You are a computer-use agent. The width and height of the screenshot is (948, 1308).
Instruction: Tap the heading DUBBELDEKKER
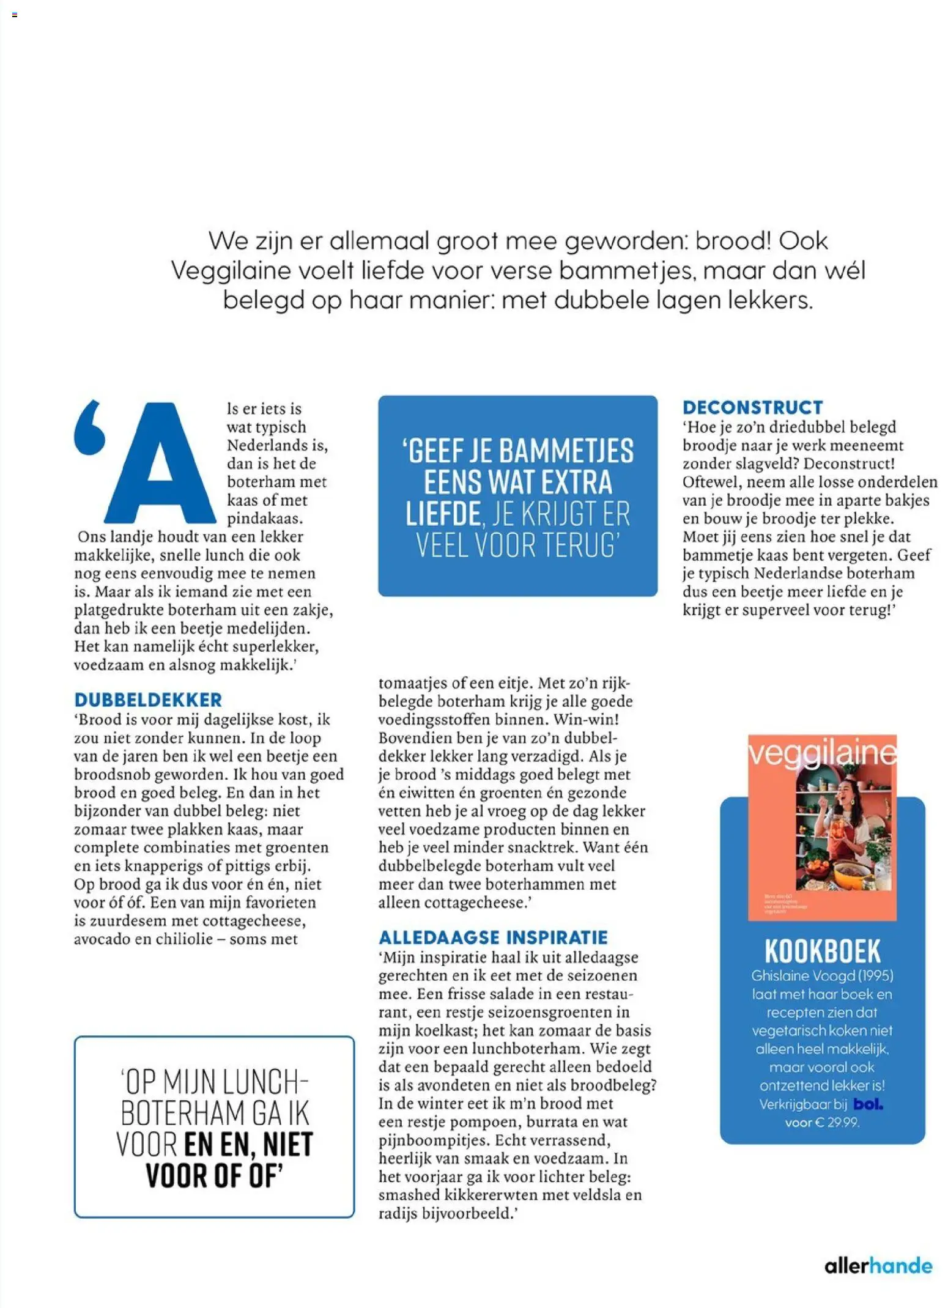pos(148,700)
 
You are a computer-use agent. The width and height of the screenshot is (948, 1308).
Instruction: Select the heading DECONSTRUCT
pos(752,408)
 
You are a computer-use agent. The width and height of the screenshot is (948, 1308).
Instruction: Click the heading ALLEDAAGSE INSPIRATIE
pos(493,938)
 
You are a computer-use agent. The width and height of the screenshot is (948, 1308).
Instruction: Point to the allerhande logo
pos(878,1265)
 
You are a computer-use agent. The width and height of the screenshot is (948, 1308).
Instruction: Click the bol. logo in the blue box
pos(867,1104)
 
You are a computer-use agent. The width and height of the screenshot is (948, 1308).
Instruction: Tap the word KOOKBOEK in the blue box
pos(823,951)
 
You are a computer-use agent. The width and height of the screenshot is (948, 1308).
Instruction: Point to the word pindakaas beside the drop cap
pos(265,519)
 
